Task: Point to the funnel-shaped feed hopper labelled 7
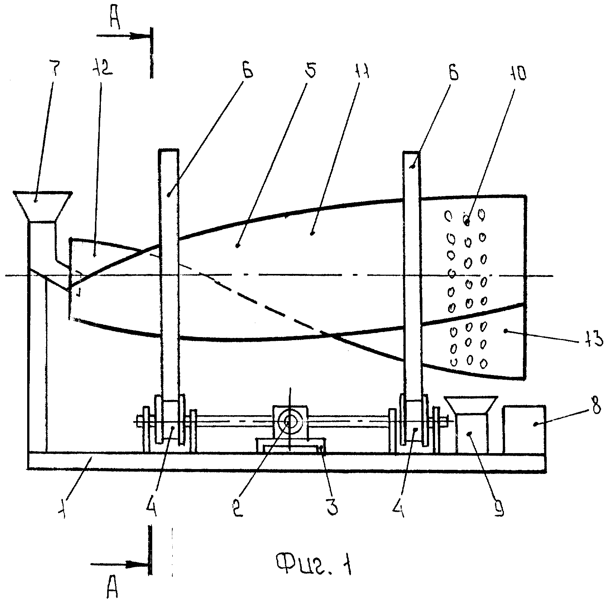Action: [x=42, y=207]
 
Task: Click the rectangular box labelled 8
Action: [x=524, y=429]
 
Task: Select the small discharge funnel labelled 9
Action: [x=471, y=424]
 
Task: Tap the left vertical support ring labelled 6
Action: [x=169, y=275]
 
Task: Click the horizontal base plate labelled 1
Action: [x=287, y=461]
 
